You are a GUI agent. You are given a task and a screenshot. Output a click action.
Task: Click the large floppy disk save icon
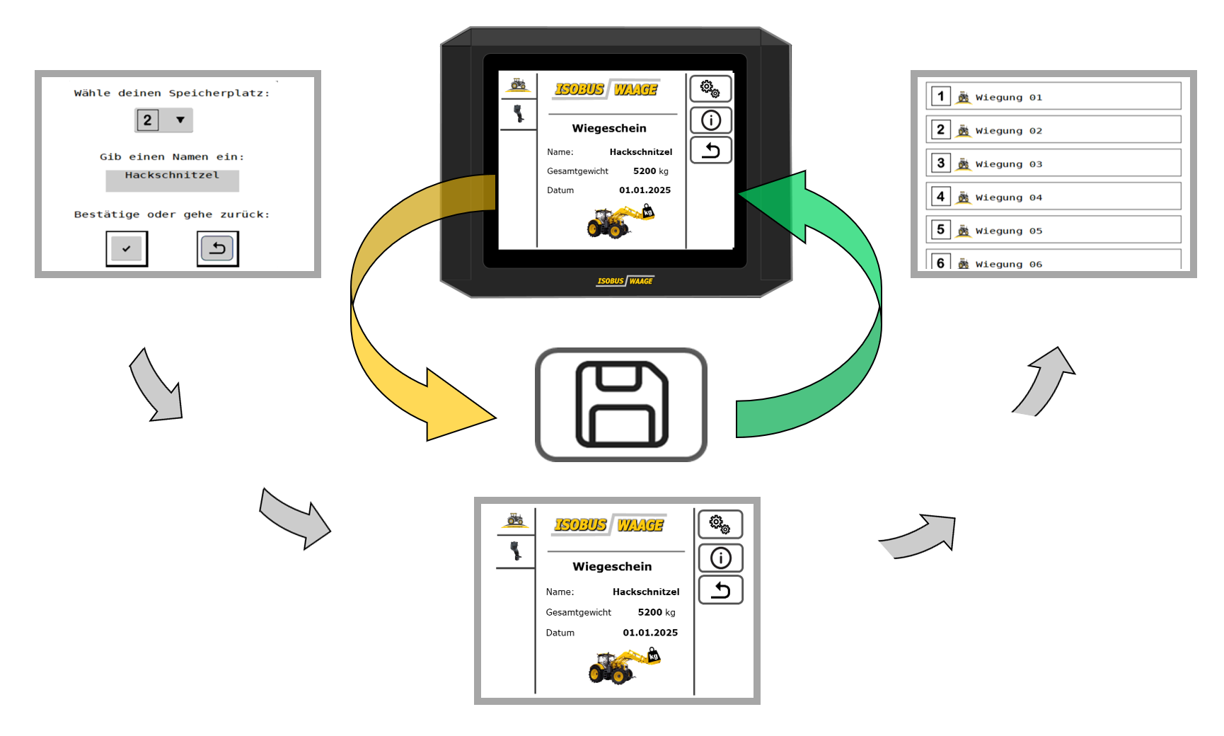(621, 404)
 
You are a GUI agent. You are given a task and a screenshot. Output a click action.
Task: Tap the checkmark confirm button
(127, 248)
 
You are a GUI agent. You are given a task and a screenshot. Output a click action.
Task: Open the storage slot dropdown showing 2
(163, 120)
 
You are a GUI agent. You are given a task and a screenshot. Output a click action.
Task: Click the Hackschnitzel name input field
(172, 180)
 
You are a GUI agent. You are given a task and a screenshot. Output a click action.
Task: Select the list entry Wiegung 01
(1053, 96)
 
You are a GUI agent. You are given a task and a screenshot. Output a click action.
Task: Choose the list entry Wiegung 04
(1053, 196)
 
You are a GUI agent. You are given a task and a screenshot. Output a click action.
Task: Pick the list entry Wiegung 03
(1053, 163)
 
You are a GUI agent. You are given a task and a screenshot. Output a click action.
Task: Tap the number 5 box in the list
(940, 229)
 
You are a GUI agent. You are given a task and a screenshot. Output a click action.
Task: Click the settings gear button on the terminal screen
(710, 89)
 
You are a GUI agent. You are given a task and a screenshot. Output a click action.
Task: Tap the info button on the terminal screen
(710, 120)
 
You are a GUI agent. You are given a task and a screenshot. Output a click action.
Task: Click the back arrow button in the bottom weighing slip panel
(720, 590)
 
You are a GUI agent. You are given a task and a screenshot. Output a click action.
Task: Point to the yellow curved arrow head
(460, 405)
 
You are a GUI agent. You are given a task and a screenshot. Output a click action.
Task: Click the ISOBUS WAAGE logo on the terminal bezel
(625, 281)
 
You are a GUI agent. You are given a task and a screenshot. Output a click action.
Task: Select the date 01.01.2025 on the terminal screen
(645, 190)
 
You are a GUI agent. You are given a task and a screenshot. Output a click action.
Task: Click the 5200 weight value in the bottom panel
(649, 612)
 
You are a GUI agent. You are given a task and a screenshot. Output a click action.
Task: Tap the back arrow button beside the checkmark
(217, 248)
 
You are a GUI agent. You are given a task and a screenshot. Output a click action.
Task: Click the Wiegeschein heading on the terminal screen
(609, 128)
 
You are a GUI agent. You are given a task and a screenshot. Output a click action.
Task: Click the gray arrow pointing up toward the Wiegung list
(1044, 380)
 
